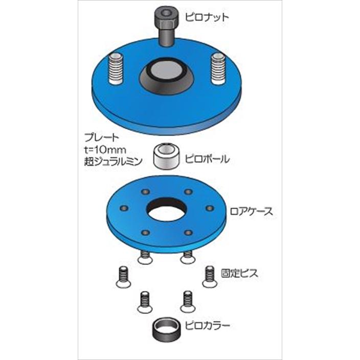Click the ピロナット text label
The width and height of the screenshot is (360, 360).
click(207, 17)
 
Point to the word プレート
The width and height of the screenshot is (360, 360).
click(102, 137)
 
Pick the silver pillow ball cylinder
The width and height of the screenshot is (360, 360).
click(166, 156)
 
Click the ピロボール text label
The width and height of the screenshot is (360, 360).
click(207, 159)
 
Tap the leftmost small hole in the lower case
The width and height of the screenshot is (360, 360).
click(123, 208)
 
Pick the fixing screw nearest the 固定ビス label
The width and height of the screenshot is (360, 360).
click(209, 276)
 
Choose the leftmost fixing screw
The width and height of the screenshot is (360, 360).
click(123, 276)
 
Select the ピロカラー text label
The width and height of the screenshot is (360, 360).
click(208, 325)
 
